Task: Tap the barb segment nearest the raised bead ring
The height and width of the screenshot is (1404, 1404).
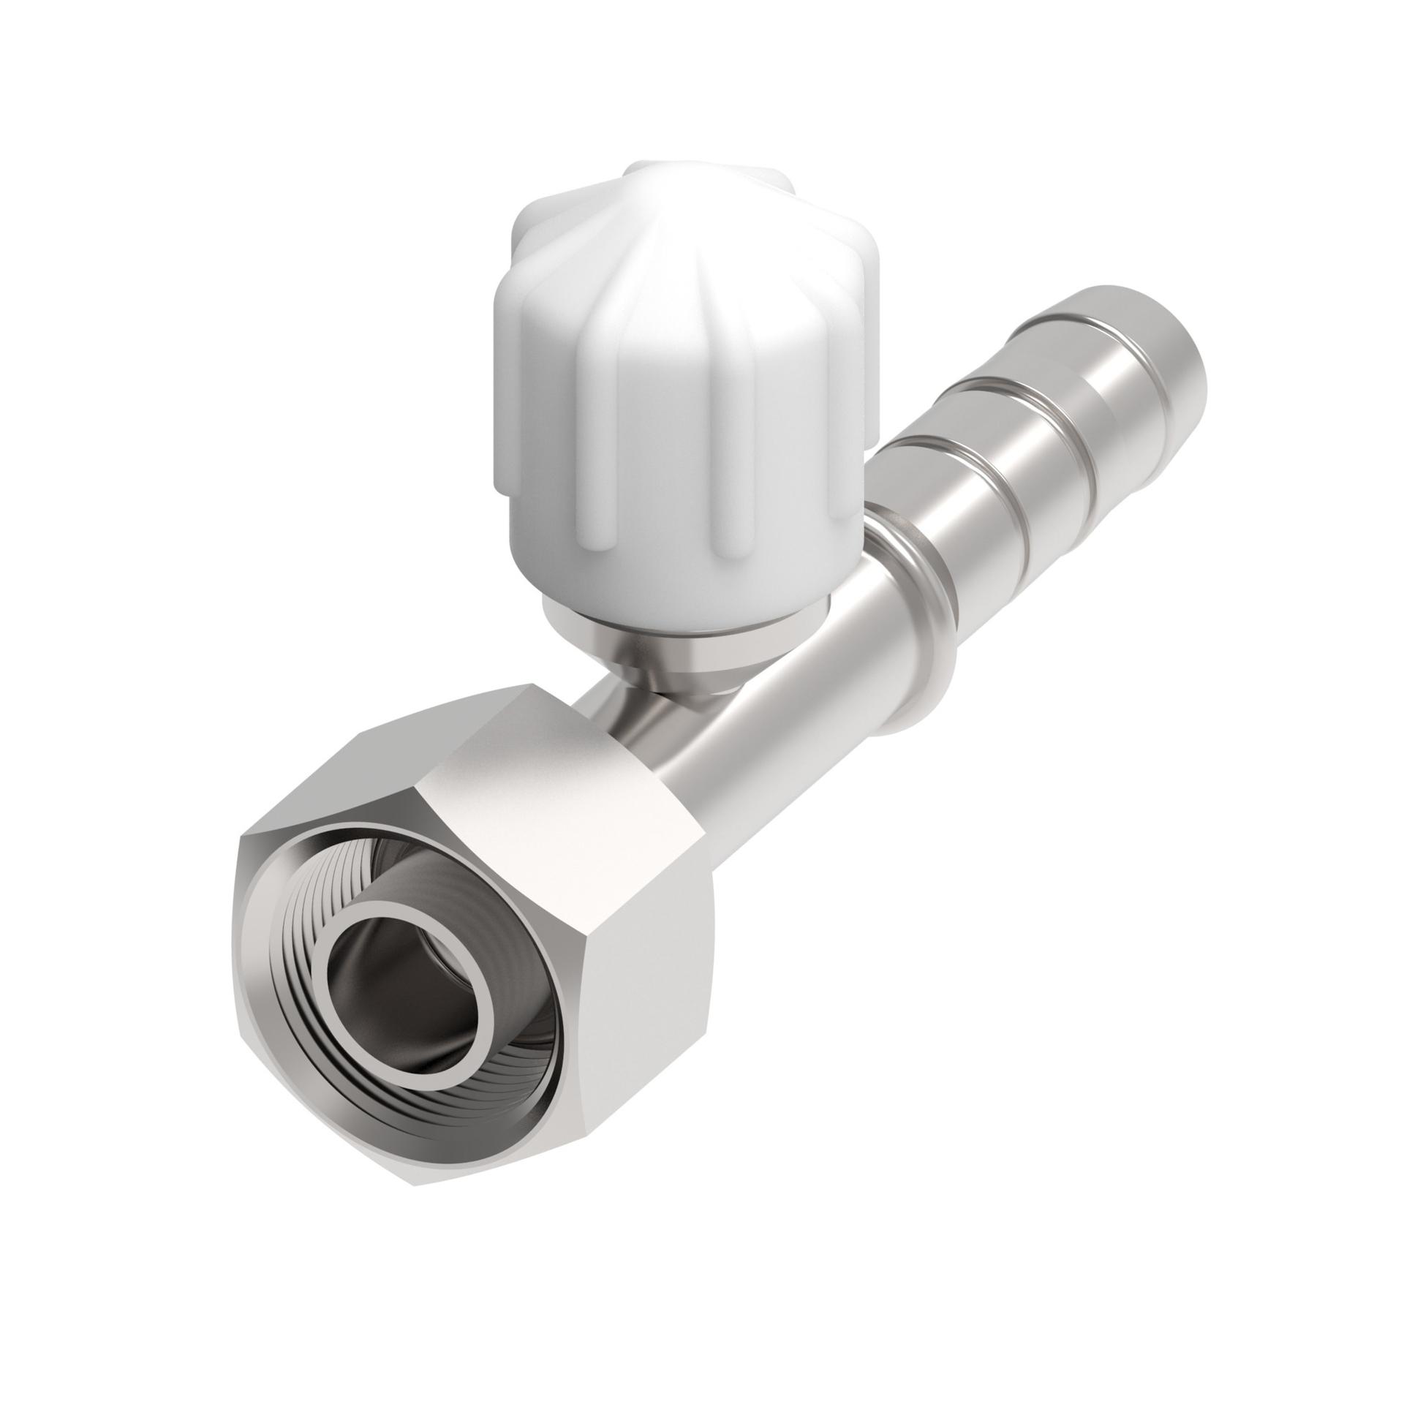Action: click(943, 512)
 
